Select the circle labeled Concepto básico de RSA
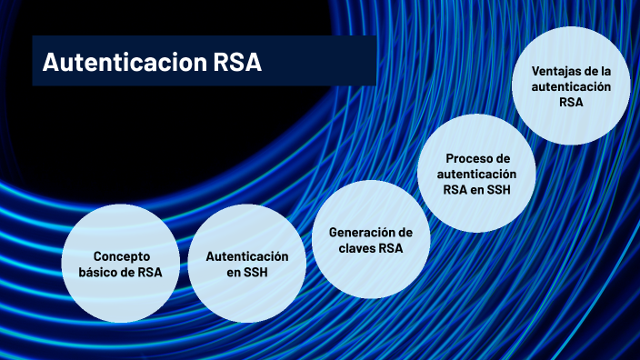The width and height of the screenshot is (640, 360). [121, 265]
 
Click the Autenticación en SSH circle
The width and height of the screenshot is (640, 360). [246, 265]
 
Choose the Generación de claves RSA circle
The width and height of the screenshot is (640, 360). [364, 240]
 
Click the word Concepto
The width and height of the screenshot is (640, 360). [121, 256]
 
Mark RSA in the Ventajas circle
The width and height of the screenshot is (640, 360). [571, 103]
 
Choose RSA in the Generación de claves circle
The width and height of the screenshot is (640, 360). [390, 248]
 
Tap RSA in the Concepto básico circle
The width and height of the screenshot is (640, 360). [151, 273]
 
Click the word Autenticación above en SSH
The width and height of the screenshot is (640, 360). [246, 256]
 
